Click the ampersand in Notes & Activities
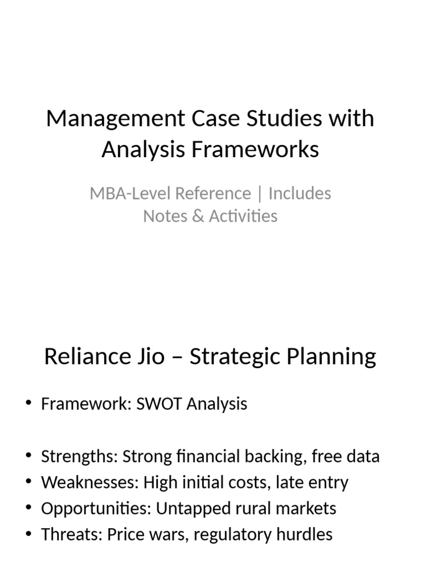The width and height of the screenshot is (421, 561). coord(197,216)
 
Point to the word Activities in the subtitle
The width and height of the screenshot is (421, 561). coord(243,216)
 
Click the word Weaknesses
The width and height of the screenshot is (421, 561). coord(90,483)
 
